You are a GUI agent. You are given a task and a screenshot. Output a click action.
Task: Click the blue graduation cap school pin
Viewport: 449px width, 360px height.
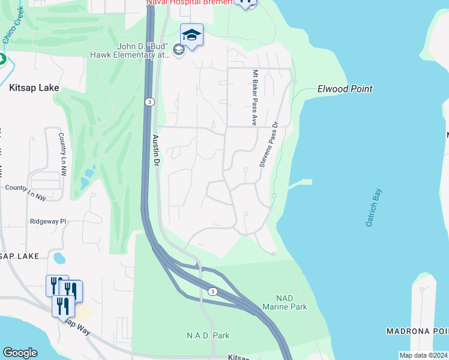click(191, 35)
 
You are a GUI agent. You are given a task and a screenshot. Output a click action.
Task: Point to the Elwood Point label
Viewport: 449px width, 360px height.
click(345, 89)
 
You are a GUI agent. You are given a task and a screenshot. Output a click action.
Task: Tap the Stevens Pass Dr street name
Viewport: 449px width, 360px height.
click(268, 144)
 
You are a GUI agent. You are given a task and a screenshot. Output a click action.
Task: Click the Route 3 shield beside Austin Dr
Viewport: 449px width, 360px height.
click(149, 103)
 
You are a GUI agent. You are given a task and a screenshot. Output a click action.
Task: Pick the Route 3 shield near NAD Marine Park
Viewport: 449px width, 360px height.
click(212, 291)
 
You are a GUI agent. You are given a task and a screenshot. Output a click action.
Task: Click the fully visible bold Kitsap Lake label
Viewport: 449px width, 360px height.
click(34, 88)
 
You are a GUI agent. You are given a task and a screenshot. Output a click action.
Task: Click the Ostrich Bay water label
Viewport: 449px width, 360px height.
click(373, 208)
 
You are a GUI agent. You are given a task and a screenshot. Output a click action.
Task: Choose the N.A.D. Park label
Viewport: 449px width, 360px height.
click(208, 335)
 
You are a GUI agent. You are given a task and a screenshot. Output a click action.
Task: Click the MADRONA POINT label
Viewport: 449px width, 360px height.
click(417, 331)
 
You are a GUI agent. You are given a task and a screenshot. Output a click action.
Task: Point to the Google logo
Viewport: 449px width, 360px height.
click(20, 353)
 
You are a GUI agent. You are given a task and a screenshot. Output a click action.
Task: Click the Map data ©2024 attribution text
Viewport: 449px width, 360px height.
click(423, 355)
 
